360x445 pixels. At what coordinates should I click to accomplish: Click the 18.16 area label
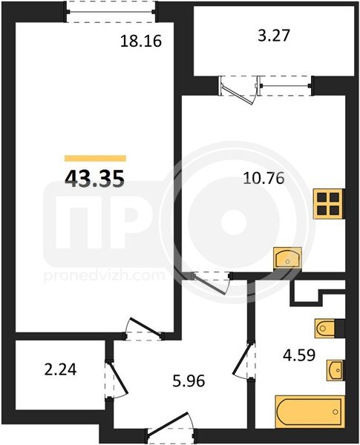(141, 42)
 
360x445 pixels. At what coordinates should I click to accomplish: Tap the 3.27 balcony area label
(274, 36)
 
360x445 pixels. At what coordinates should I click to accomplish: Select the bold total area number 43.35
(94, 179)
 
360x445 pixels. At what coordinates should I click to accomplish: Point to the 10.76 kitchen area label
(264, 179)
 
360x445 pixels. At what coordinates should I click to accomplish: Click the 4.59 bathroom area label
(299, 355)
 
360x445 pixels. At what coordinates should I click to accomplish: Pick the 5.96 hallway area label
(189, 381)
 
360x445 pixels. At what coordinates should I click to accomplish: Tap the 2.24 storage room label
(61, 370)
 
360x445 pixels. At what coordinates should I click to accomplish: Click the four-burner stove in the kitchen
(329, 203)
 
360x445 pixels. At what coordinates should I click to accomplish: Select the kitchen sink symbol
(287, 257)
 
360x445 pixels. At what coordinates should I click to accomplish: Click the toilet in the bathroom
(325, 329)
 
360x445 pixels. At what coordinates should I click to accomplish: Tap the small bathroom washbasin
(336, 370)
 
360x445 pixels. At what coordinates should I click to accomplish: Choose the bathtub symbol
(310, 411)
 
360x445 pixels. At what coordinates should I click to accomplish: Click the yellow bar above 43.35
(95, 159)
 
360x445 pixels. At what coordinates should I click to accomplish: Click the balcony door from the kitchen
(239, 90)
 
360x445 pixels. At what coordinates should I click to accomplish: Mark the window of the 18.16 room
(111, 12)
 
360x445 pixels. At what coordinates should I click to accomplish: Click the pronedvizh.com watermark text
(104, 276)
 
